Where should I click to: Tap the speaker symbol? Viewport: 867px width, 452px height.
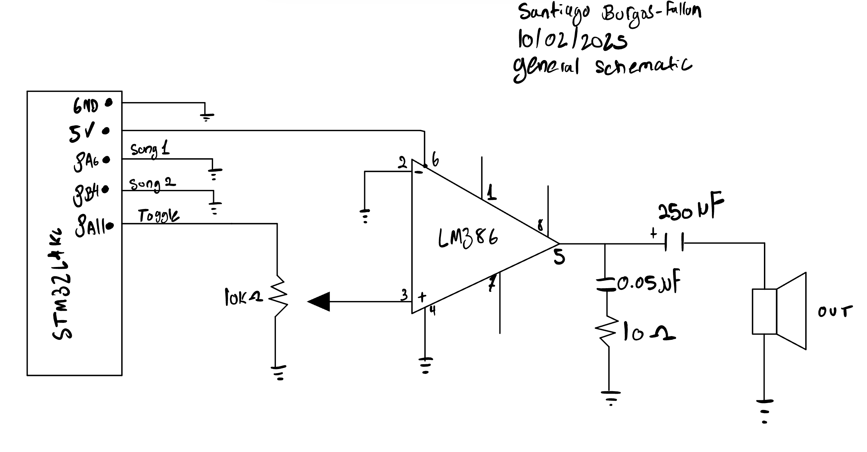click(779, 311)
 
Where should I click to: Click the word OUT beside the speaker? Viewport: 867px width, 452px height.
click(834, 311)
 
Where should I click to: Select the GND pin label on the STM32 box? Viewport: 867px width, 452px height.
click(85, 106)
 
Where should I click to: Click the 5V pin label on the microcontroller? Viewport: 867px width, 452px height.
click(82, 134)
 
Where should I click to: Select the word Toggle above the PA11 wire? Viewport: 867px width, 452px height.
click(159, 216)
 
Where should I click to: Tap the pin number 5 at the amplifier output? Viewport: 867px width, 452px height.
click(559, 257)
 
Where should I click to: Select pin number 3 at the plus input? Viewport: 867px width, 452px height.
click(404, 295)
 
